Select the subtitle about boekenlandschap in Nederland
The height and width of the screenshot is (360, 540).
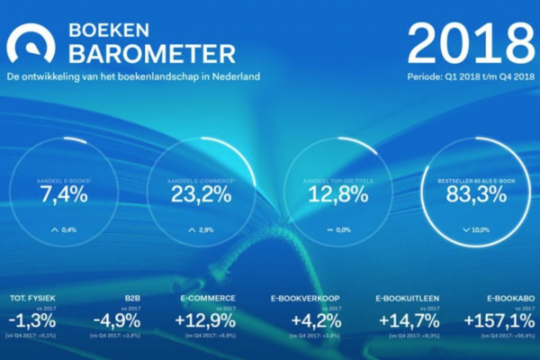tap(133, 76)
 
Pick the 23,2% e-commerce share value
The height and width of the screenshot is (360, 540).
tap(205, 193)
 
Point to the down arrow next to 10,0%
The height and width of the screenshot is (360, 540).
tap(465, 230)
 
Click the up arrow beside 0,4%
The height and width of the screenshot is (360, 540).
tap(56, 230)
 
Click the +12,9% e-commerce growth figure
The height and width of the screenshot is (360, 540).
tap(209, 320)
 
